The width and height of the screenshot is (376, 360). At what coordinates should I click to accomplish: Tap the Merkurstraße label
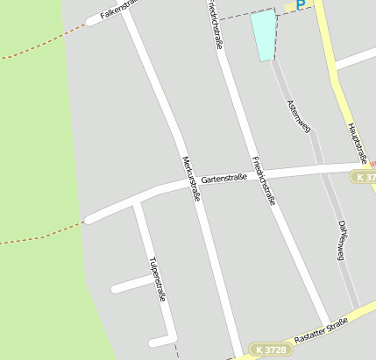point(190,179)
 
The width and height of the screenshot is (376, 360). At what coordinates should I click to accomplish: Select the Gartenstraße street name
point(223,178)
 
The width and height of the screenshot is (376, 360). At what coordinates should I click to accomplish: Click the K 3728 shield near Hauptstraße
point(365,177)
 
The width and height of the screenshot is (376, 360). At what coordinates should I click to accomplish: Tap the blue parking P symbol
point(301,5)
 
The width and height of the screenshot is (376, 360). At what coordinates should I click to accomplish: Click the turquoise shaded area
point(263,35)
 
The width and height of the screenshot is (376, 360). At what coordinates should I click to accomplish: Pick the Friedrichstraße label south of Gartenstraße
point(263,180)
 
